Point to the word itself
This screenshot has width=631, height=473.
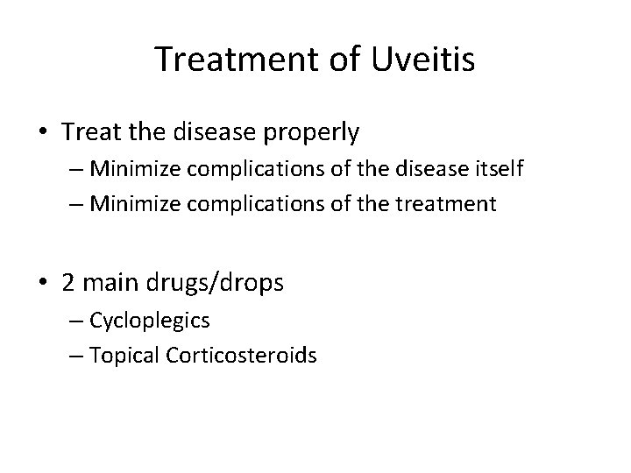click(x=499, y=168)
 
